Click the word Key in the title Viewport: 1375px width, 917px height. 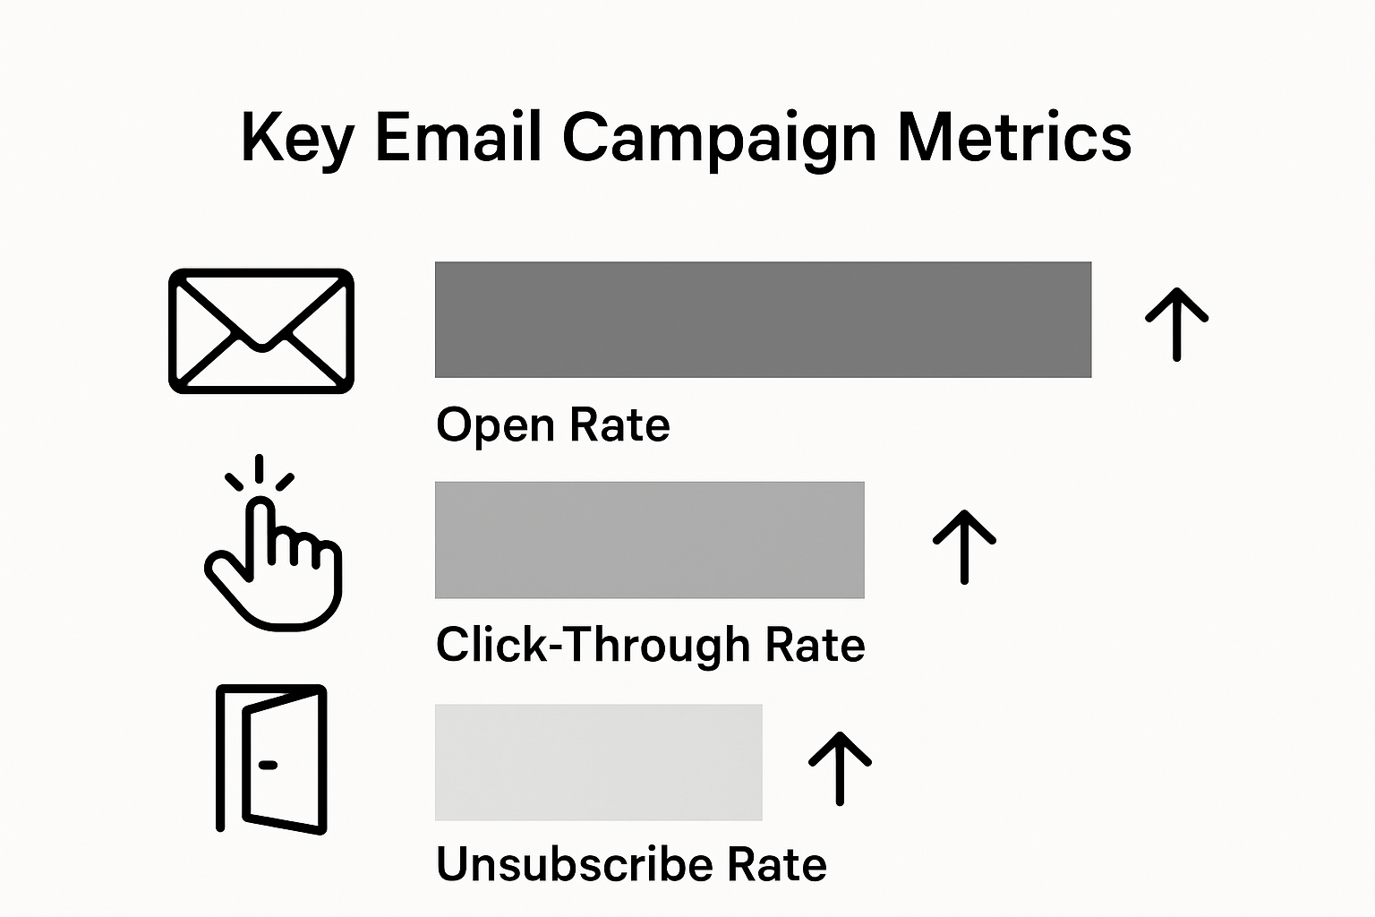(x=296, y=139)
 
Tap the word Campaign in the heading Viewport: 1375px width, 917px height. (x=720, y=139)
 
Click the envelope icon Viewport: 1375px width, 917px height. (x=261, y=330)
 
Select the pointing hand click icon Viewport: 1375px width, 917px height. (x=273, y=555)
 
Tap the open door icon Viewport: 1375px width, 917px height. (x=272, y=759)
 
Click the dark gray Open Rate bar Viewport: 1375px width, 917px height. (x=763, y=320)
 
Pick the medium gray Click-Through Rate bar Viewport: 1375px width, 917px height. (x=649, y=540)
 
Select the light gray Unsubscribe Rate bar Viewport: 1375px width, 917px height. (x=598, y=762)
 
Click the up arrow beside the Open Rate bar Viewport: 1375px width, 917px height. (x=1177, y=323)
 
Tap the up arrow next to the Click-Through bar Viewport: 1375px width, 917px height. (x=964, y=546)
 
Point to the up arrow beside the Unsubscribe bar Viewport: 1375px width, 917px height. (x=840, y=767)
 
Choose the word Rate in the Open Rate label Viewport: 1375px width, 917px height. (x=619, y=425)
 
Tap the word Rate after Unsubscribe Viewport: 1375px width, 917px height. (x=776, y=865)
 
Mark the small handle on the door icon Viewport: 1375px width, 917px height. (x=268, y=765)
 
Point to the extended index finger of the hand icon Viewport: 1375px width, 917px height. (x=261, y=524)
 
